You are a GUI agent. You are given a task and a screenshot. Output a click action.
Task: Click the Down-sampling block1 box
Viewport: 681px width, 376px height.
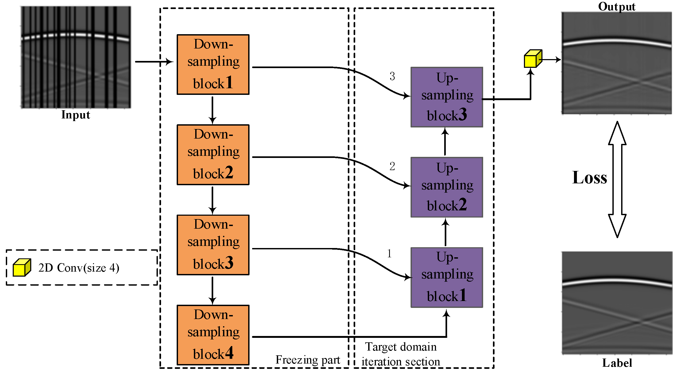(213, 64)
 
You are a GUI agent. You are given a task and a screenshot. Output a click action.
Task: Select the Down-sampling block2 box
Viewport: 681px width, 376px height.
(213, 155)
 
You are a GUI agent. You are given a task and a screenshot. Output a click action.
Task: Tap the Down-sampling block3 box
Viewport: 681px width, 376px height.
(213, 245)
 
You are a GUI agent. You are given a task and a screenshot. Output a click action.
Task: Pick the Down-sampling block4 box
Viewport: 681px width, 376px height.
(213, 335)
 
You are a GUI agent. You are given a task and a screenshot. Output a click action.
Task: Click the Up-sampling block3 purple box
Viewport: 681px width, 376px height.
(447, 97)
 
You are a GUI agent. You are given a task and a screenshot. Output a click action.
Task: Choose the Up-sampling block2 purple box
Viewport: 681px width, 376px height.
(447, 187)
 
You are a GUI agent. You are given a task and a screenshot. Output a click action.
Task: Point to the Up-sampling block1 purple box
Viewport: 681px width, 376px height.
(447, 277)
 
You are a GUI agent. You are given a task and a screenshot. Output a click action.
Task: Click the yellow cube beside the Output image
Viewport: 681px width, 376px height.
(532, 59)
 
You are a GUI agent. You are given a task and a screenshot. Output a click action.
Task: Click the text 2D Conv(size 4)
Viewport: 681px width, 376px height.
(79, 268)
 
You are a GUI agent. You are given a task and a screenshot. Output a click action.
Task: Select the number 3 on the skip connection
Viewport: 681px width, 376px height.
(392, 76)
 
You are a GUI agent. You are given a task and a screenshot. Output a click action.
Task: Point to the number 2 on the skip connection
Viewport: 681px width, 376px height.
(392, 166)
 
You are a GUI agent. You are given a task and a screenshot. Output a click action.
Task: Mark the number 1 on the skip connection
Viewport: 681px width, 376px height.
(389, 254)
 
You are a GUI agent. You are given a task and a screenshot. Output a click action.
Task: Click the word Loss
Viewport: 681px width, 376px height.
(589, 178)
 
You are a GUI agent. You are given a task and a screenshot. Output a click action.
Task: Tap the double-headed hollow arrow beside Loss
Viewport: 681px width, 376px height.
(617, 180)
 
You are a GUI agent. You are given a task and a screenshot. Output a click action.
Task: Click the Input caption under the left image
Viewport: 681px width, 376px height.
(75, 115)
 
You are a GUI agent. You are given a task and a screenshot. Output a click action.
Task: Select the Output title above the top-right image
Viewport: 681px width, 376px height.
(617, 6)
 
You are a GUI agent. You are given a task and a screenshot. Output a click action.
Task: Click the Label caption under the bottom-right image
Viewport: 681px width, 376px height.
(617, 363)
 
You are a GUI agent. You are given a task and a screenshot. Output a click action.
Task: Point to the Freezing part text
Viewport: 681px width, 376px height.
(308, 360)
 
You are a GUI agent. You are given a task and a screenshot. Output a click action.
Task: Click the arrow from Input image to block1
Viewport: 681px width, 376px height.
(154, 62)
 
